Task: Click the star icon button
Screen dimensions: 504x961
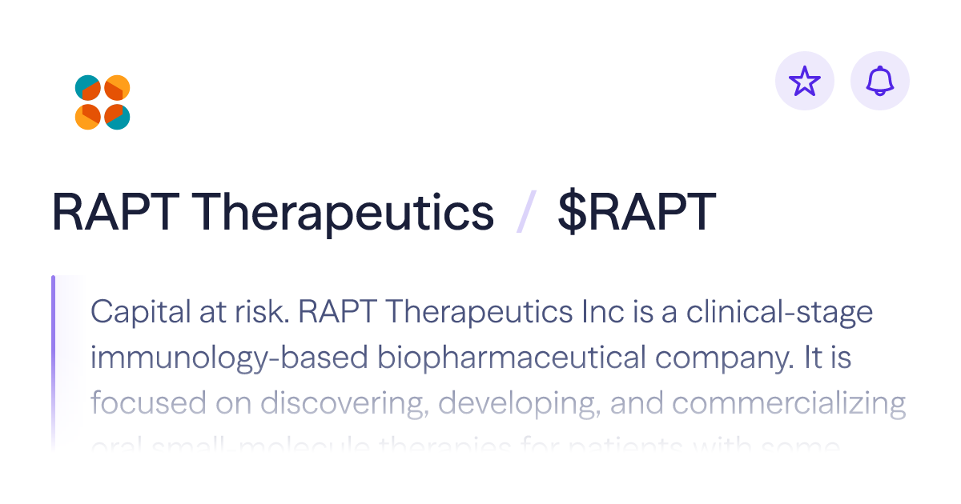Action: [805, 81]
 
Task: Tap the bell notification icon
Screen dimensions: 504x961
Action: [880, 81]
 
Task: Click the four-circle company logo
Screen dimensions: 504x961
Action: [103, 102]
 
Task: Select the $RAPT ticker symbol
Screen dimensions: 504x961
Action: [636, 213]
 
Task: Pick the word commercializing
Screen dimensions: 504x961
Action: [789, 403]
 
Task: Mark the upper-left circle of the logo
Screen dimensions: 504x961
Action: [88, 88]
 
